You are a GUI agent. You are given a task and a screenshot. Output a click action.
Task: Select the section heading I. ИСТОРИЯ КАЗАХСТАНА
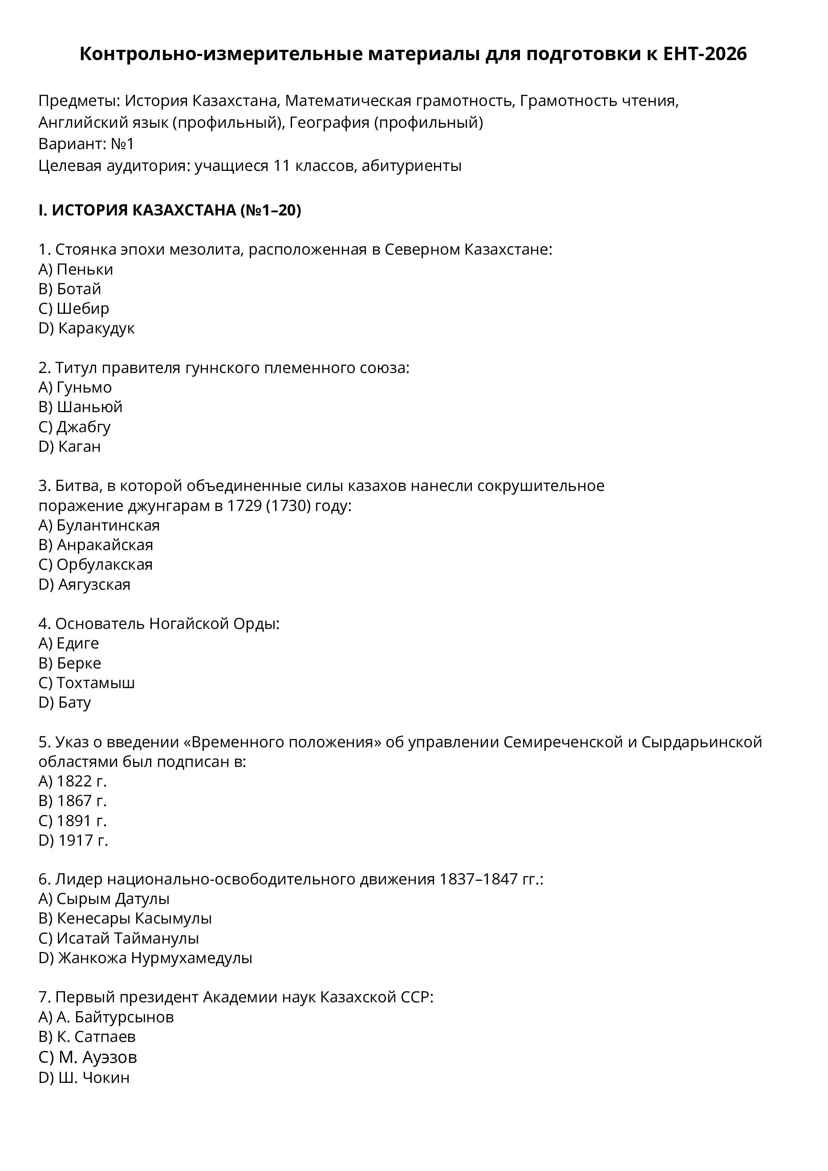169,210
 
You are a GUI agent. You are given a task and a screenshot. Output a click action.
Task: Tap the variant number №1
122,144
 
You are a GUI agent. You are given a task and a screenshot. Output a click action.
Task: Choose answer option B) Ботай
70,289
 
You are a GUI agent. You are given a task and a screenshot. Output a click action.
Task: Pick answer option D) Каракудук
87,328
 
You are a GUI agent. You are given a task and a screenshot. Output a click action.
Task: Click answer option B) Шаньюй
81,406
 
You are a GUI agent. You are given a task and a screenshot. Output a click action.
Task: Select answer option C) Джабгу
74,426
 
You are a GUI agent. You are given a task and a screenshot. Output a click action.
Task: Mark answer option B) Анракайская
96,545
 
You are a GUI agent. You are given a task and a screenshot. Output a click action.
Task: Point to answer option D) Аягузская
85,584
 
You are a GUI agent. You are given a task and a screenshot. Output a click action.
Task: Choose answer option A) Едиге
69,643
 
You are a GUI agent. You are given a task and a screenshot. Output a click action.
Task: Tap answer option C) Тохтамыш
87,682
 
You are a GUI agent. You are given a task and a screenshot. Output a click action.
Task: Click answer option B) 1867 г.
73,801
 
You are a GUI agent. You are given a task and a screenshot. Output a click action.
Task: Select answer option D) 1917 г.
73,840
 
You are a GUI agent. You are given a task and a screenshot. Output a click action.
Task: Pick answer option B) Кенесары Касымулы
125,919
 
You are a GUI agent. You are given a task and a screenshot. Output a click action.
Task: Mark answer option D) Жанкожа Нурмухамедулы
146,958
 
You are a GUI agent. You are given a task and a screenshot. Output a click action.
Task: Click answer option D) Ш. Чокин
84,1077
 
